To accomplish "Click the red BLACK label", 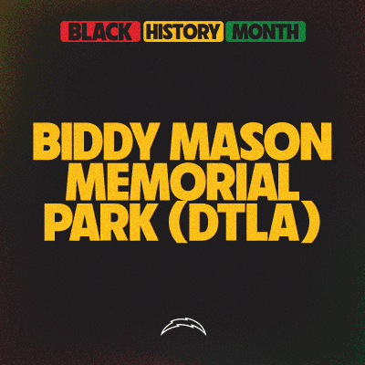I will point(99,33).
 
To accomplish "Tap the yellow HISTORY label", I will point(182,33).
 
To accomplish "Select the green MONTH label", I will point(266,33).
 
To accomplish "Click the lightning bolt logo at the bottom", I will point(182,326).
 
